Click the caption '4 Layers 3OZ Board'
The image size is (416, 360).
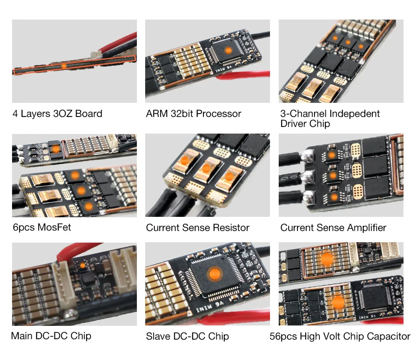(57, 113)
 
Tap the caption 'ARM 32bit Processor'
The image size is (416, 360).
(193, 114)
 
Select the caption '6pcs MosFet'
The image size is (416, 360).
(42, 227)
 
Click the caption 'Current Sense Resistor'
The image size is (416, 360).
(198, 228)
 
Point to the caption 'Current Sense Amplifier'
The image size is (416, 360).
(333, 228)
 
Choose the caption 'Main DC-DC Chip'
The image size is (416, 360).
(51, 335)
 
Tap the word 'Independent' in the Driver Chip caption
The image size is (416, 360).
(354, 114)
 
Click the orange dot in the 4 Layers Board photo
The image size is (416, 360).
(63, 66)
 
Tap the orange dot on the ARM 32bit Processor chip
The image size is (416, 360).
(228, 50)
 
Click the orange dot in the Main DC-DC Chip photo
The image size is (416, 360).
(82, 265)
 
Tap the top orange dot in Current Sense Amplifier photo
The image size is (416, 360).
(332, 155)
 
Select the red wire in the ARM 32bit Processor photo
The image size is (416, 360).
(245, 75)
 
